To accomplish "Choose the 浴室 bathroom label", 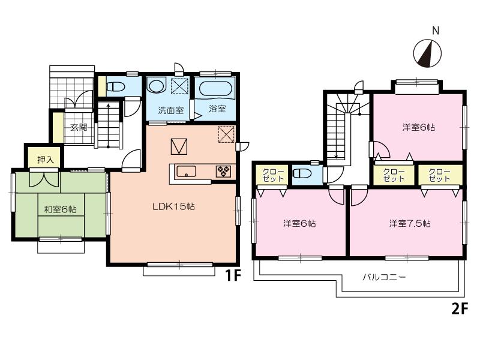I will [x=217, y=109].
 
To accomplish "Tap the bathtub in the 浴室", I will [x=215, y=89].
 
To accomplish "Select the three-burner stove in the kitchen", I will [x=223, y=171].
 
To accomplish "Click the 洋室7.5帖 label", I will [x=410, y=223].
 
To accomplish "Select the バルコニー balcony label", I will [x=384, y=278].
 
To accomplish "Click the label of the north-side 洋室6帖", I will [x=418, y=127].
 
